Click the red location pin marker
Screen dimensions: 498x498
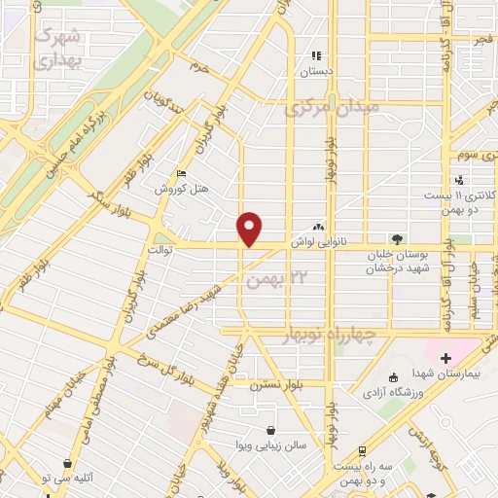pos(251,229)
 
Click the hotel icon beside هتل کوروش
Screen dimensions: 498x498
pos(181,174)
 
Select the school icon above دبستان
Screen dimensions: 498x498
pos(315,55)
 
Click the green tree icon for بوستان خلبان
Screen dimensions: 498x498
pos(397,238)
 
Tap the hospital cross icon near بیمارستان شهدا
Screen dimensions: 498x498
pos(445,359)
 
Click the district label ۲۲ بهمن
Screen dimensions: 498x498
pos(284,280)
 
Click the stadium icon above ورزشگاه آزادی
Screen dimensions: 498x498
pos(393,377)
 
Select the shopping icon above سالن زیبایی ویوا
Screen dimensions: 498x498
pos(269,431)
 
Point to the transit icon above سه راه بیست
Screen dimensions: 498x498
pos(362,451)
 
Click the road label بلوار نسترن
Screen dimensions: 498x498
pos(278,385)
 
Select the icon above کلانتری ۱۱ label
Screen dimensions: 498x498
pos(459,180)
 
